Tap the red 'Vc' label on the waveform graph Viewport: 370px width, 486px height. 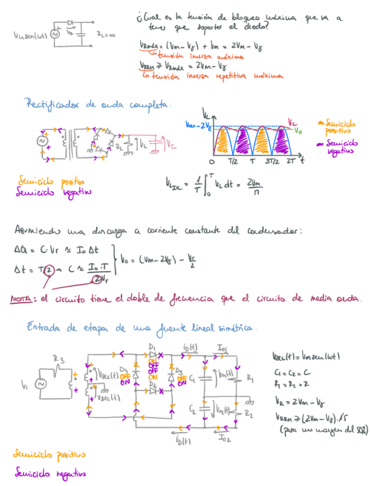pyautogui.click(x=292, y=122)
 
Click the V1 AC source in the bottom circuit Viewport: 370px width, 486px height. pyautogui.click(x=41, y=385)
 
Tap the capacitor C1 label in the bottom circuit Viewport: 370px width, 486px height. pyautogui.click(x=191, y=379)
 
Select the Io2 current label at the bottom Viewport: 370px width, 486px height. pyautogui.click(x=224, y=438)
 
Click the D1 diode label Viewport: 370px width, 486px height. pyautogui.click(x=152, y=347)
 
